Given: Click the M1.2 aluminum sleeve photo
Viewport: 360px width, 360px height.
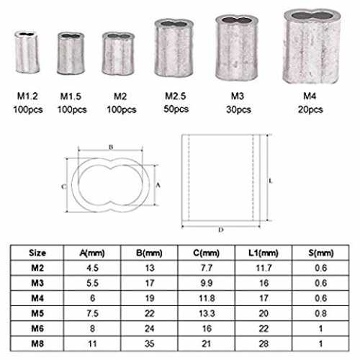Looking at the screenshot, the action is (x=27, y=52).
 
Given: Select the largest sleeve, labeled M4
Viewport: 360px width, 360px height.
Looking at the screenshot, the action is (x=312, y=46).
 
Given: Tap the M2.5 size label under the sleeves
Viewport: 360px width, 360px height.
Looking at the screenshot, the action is (x=176, y=96).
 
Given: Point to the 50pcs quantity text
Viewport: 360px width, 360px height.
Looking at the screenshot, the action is (x=176, y=109).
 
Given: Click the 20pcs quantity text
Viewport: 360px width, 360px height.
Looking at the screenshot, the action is (x=310, y=109).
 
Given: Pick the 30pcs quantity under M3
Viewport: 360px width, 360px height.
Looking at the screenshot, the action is (x=238, y=109).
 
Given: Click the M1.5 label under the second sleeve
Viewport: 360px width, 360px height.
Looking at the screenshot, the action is (x=71, y=96).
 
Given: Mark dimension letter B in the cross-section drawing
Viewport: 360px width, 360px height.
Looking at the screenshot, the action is (x=111, y=147).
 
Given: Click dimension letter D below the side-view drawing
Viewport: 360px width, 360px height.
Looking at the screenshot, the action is (x=221, y=230).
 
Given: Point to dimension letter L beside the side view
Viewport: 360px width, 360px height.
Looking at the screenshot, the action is (x=271, y=181).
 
